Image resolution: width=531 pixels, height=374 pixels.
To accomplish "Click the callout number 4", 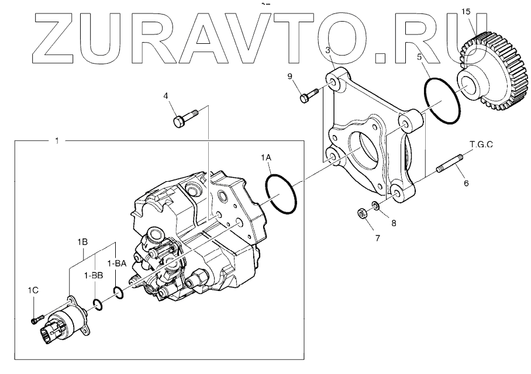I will tap(165, 96).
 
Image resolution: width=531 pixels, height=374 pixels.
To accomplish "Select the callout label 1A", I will tap(267, 157).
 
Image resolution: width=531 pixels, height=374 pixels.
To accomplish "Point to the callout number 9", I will tap(289, 77).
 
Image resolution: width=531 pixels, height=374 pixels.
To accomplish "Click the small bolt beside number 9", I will tap(308, 95).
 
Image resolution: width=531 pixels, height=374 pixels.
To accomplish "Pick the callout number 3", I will tap(329, 50).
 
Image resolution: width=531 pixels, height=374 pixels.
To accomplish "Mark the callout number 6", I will tap(466, 183).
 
